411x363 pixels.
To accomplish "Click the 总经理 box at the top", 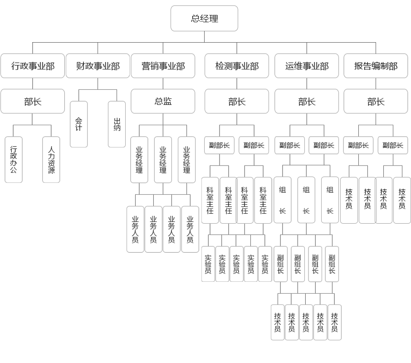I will (204, 19).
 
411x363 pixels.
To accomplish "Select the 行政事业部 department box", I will (33, 66).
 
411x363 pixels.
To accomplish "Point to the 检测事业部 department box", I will (237, 66).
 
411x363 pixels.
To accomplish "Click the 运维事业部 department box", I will (307, 66).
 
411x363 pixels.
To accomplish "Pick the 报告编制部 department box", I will (376, 66).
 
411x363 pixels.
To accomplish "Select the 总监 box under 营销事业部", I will (163, 101).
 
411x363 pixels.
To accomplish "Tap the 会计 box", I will (78, 124).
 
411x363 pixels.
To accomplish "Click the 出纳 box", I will (117, 124).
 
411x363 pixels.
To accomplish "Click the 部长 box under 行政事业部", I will (33, 101).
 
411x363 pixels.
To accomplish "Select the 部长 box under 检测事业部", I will (237, 101).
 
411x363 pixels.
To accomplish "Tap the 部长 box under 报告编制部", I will (376, 101).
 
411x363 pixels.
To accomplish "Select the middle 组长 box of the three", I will (306, 200).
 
